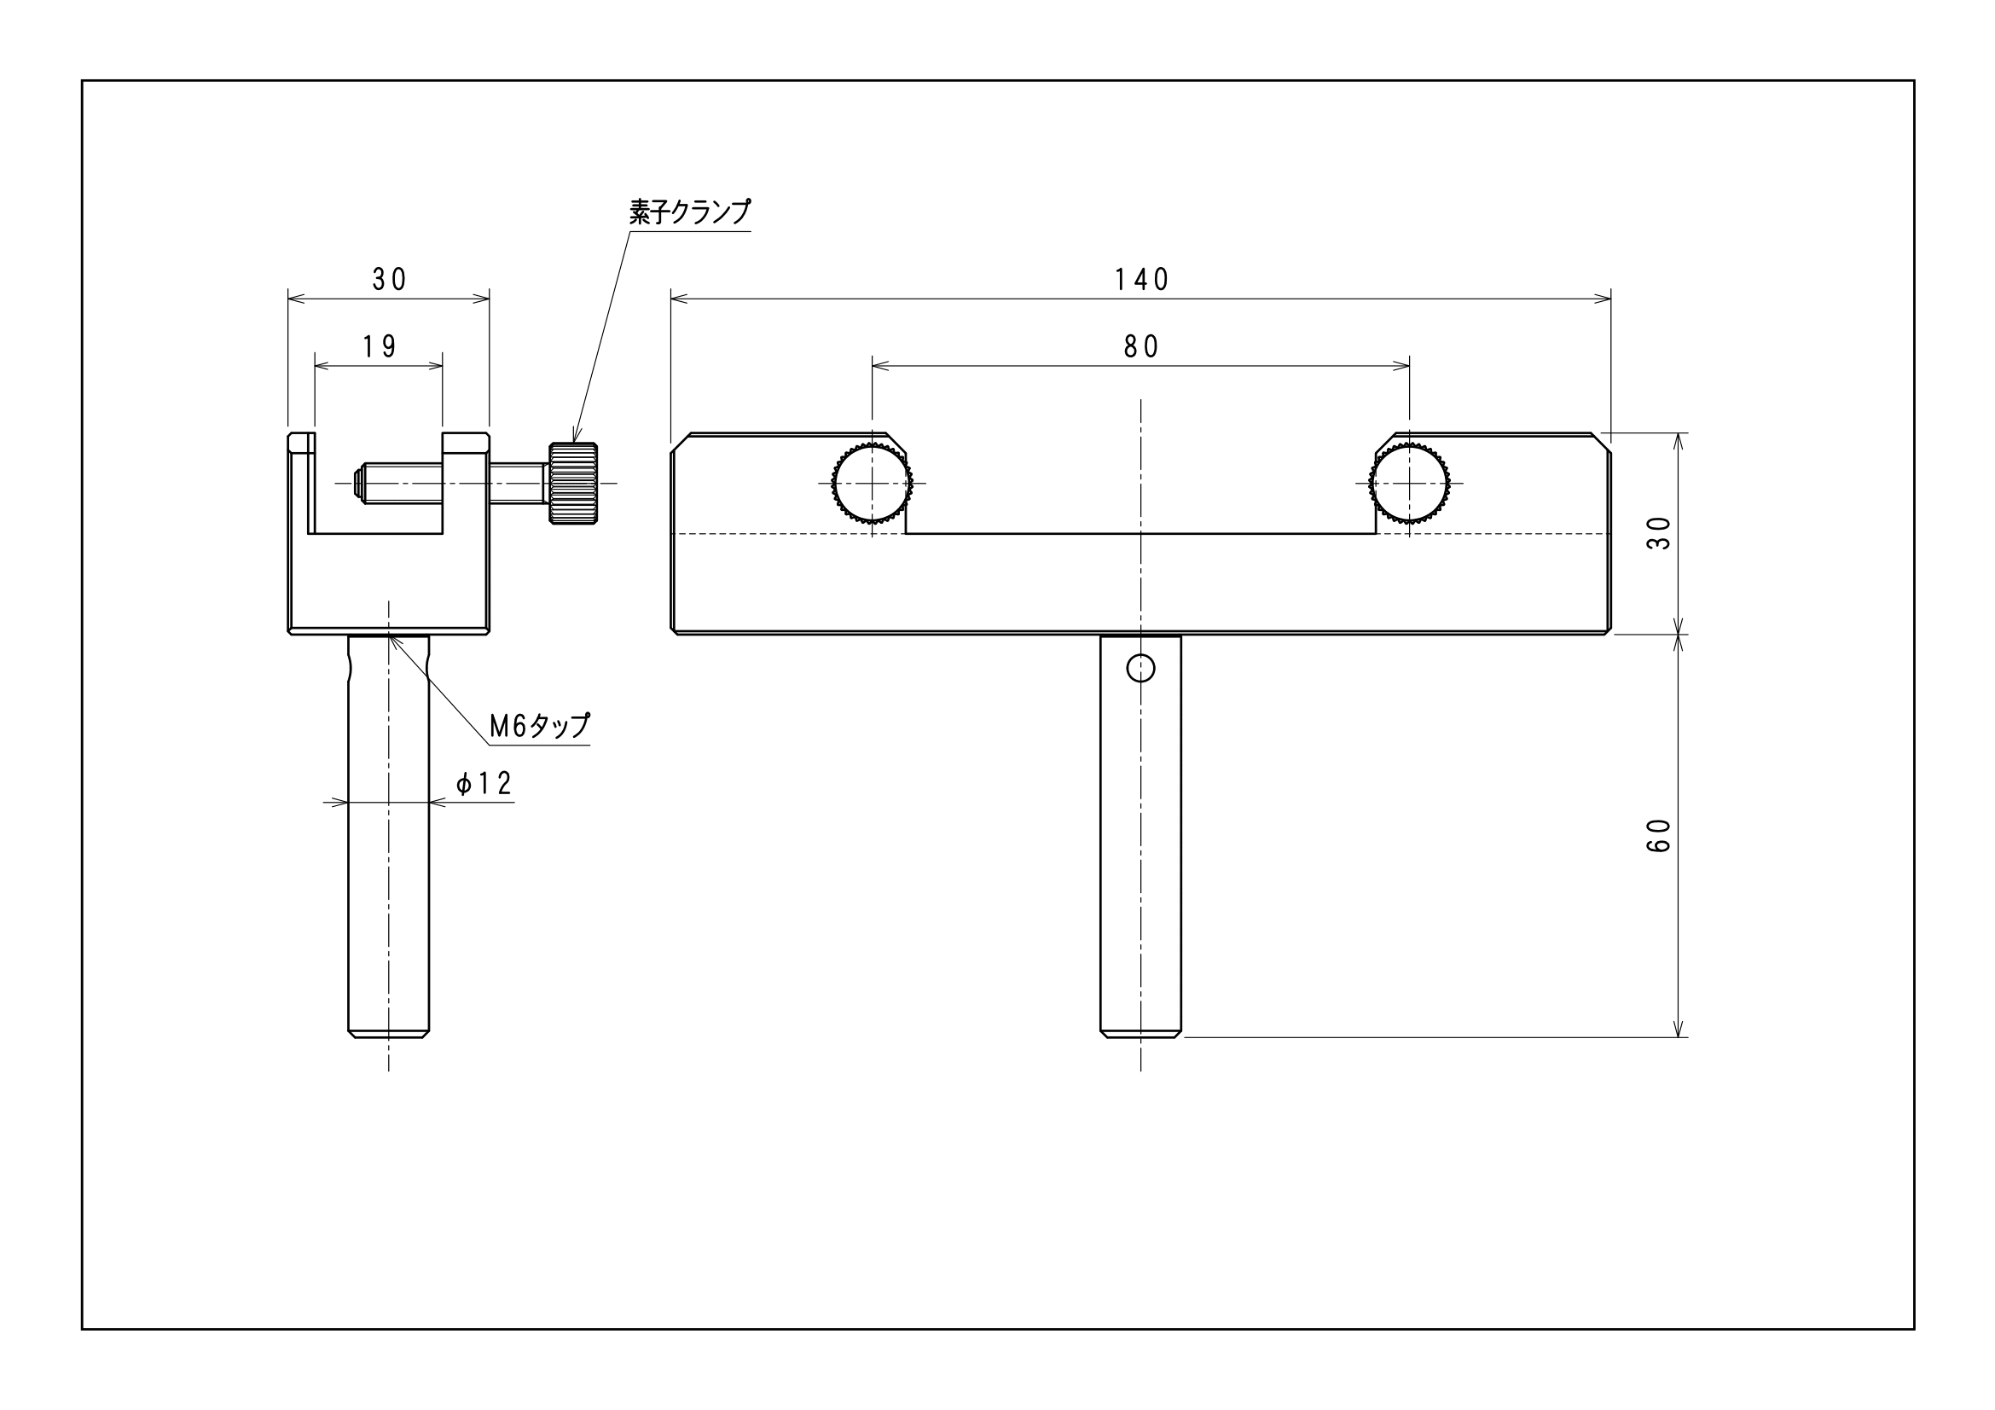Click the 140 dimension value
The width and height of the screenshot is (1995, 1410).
tap(1141, 279)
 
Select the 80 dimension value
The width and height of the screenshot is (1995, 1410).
tap(1141, 346)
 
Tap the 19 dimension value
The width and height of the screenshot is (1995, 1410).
tap(380, 346)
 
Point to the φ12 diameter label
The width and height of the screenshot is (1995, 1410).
tap(484, 784)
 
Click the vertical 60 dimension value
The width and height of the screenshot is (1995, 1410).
tap(1659, 836)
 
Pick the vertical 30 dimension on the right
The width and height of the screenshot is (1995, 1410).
tap(1659, 532)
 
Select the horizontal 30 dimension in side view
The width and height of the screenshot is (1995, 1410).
tap(389, 279)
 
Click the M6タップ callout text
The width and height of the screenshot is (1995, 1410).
tap(540, 725)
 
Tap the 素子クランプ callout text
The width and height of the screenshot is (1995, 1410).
tap(690, 212)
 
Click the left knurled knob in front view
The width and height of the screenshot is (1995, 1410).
tap(873, 483)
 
